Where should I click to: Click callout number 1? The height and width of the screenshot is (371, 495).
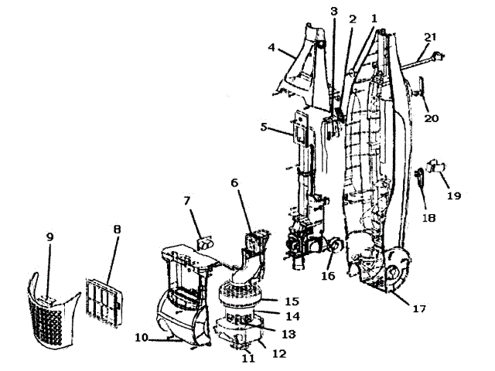pos(374,18)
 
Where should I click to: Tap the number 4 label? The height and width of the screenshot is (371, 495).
pos(272,48)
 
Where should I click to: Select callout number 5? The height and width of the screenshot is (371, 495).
pos(264,127)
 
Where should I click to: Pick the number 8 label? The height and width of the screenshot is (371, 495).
pos(117,230)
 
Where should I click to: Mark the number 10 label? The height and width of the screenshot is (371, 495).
pos(142,339)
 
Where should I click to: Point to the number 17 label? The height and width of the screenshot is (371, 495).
pos(419,309)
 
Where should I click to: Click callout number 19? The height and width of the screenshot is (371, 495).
pos(453,196)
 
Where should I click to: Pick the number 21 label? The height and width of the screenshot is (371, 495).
pos(430,36)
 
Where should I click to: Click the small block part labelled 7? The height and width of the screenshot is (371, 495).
pos(204,244)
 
